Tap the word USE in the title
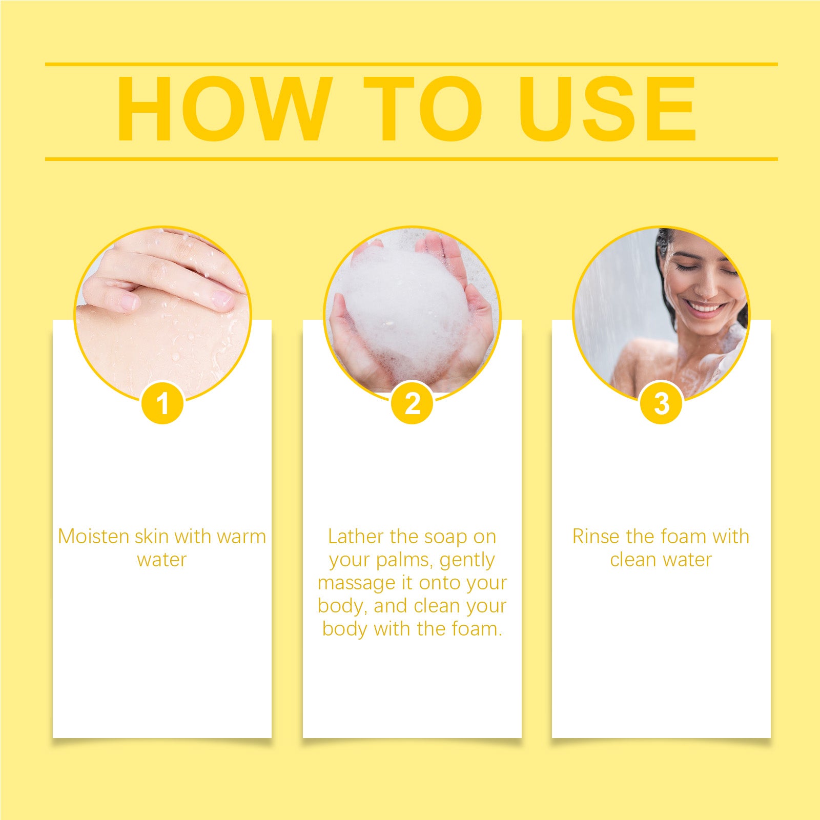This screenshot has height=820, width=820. pos(608,109)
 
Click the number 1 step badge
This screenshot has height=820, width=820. pos(162,403)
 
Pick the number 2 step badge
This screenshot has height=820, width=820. pos(412,403)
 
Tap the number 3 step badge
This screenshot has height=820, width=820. pos(661,403)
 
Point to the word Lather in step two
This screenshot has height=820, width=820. pos(356,537)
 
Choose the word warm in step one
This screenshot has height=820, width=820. pos(241,537)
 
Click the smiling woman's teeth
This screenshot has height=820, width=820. pos(705,308)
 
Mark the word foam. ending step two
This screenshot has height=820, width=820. pos(477,629)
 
